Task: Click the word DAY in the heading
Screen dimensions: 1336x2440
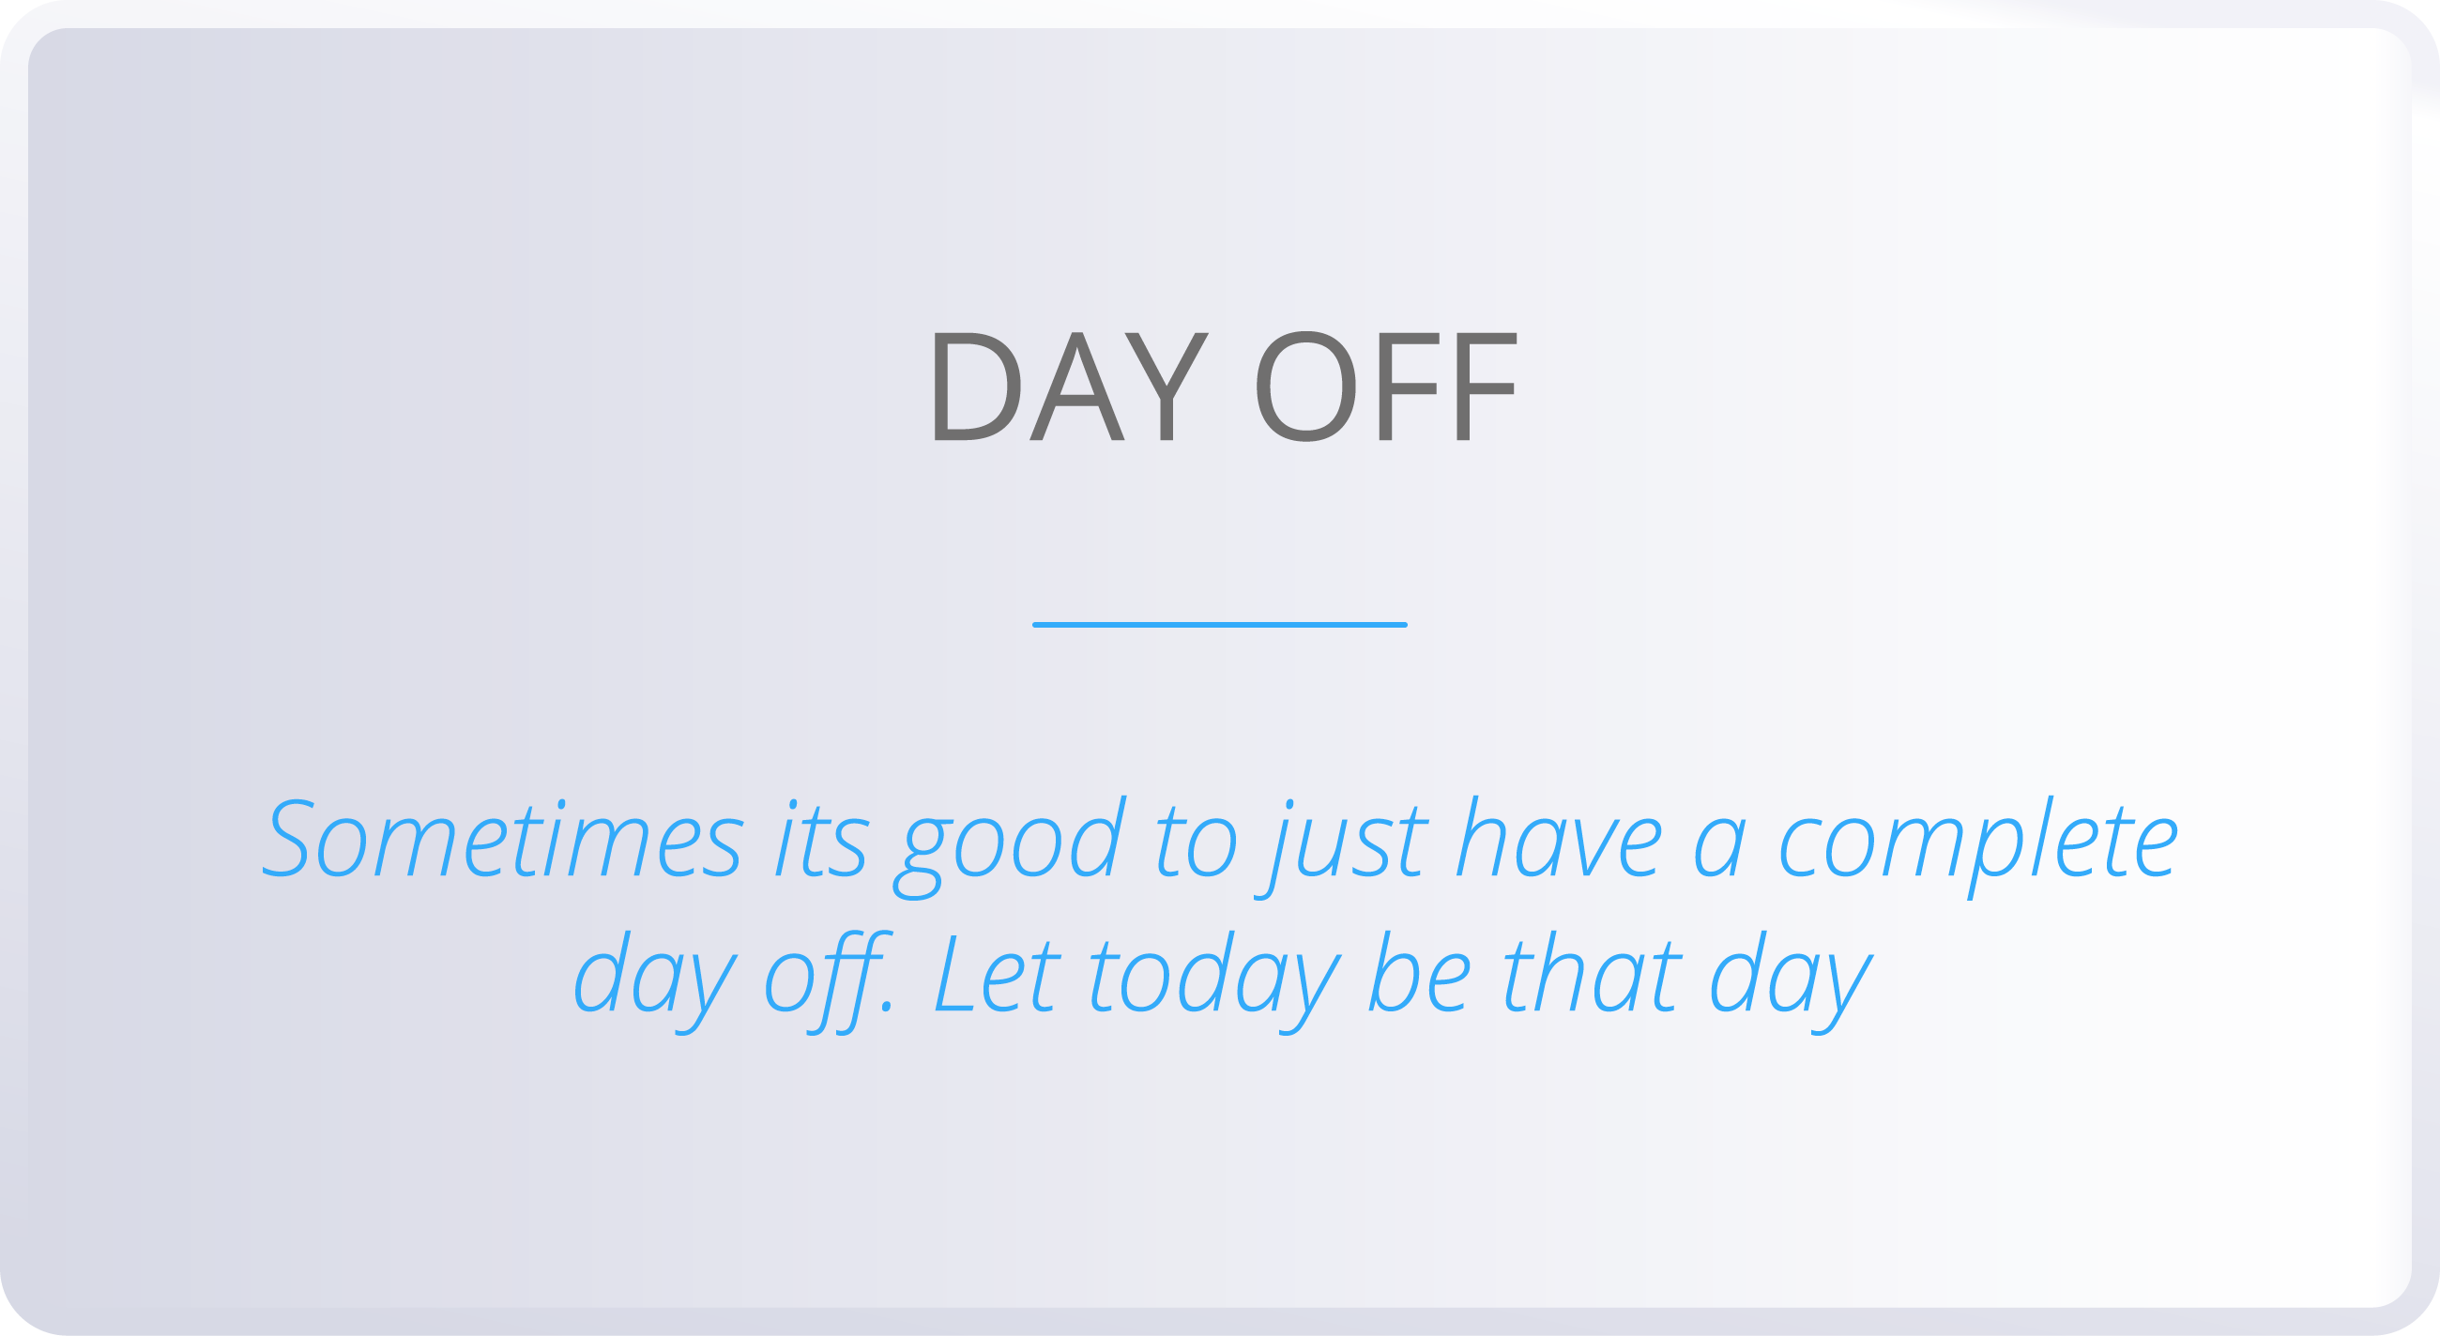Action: pyautogui.click(x=1071, y=387)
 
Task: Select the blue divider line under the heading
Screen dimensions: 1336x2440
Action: pyautogui.click(x=1220, y=625)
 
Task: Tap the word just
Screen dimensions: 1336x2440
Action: pyautogui.click(x=1349, y=843)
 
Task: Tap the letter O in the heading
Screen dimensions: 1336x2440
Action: pyautogui.click(x=1305, y=387)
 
